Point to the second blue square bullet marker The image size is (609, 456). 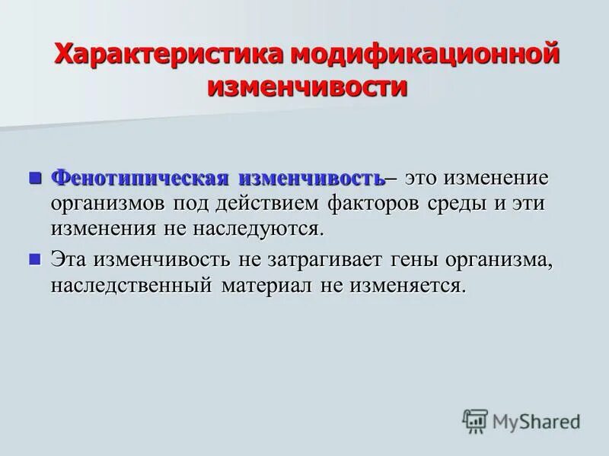coord(33,258)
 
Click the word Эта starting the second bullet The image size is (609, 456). coord(69,260)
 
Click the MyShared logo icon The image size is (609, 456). coord(475,420)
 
